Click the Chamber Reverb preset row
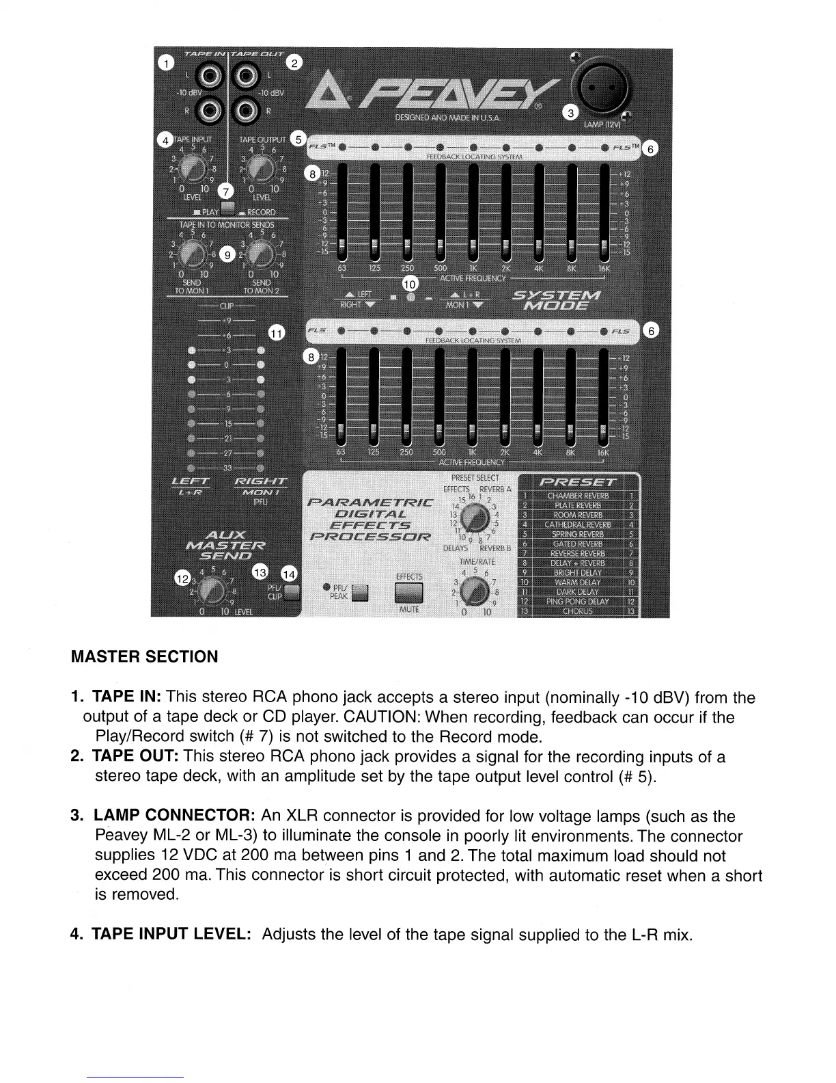(x=578, y=496)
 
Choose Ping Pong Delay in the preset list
(x=578, y=602)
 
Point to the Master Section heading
(x=145, y=657)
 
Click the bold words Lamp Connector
(x=174, y=816)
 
